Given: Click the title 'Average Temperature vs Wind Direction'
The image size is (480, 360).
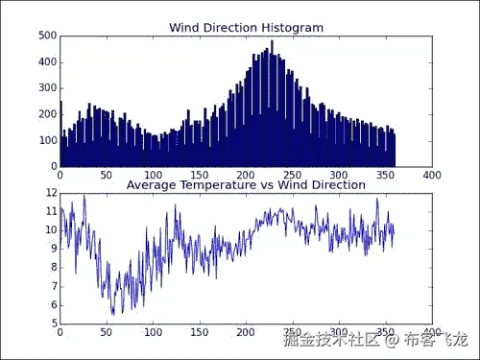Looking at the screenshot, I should pos(246,184).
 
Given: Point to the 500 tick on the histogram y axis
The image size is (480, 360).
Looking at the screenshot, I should pos(47,36).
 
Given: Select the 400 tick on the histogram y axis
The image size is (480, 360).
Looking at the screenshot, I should pos(47,62).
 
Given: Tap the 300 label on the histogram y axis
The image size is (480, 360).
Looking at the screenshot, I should pos(47,88).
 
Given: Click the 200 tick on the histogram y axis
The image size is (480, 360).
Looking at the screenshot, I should pos(47,115).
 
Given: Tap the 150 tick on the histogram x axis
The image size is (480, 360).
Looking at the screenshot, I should pos(199,176).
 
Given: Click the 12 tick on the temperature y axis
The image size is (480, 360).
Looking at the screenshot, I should pos(51,193).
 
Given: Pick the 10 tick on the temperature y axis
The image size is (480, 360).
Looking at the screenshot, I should pos(51,230).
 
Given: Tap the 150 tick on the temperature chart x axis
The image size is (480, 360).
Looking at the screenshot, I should pos(199,332).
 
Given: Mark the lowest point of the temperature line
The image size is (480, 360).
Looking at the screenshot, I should pos(113,314).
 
